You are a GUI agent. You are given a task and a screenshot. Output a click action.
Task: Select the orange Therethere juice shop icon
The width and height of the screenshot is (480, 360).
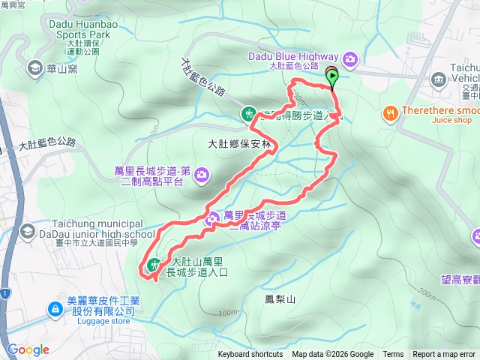point(390,113)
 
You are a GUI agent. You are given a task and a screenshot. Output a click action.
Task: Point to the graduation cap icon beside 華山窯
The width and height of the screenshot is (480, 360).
point(34,69)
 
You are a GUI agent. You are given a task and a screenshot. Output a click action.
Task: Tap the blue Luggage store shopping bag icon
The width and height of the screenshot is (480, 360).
point(55,308)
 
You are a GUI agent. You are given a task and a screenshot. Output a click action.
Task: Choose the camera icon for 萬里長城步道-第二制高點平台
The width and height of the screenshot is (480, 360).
point(200,175)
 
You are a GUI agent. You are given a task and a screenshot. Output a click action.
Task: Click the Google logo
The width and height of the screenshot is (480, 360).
point(28,349)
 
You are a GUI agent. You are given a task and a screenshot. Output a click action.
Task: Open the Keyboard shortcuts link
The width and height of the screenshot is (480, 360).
point(250,355)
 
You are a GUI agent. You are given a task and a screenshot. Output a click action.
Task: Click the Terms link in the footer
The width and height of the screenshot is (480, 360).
point(393,355)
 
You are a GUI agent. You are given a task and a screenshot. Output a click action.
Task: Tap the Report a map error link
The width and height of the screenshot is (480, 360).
point(444,355)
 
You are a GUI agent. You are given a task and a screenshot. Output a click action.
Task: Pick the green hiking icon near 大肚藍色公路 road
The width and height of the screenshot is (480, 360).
point(248,114)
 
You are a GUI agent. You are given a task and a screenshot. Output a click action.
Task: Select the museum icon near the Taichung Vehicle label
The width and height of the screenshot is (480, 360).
point(438,79)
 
